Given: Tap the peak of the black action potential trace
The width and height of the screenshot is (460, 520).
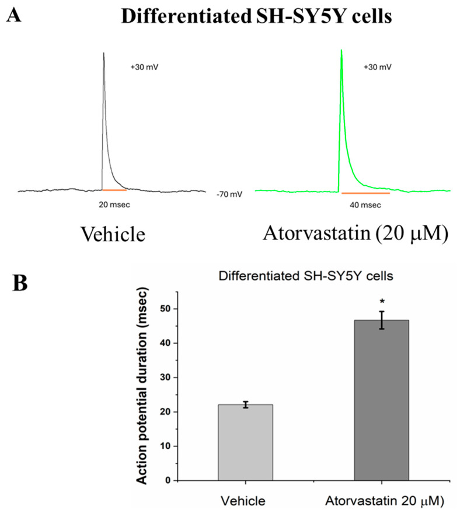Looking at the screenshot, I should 103,53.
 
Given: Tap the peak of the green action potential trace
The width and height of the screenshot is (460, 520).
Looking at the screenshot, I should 341,50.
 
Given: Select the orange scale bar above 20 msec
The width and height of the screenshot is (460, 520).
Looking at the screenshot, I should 114,190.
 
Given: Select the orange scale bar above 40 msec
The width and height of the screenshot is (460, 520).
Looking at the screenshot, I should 365,192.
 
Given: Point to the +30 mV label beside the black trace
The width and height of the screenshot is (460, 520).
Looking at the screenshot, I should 144,67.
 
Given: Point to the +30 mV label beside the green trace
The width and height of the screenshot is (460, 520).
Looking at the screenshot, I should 378,67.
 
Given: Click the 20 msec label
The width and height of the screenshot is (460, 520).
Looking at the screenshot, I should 115,205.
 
